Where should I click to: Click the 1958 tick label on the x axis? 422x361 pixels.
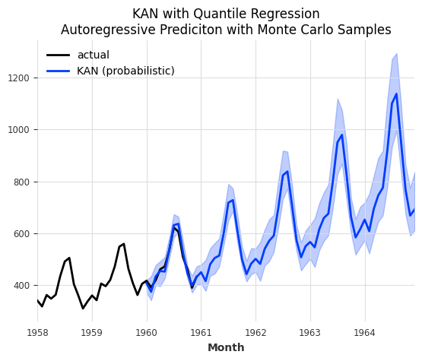point(37,332)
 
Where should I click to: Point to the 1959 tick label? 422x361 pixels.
point(92,332)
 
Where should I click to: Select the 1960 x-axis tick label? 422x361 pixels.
point(147,332)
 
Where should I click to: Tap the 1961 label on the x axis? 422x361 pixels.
point(201,332)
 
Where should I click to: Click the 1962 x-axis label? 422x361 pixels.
point(255,332)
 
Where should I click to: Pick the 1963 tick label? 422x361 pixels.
point(310,332)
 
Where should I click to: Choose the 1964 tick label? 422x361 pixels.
point(365,332)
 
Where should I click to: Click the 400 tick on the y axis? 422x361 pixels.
point(21,286)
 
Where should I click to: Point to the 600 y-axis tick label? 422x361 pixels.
point(21,234)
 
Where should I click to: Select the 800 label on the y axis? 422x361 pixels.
point(21,182)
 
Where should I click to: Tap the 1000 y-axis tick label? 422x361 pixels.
point(17,130)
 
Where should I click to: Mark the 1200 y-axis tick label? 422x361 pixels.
point(17,78)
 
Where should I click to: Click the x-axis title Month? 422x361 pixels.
point(226,348)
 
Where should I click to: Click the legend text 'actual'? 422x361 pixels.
point(93,55)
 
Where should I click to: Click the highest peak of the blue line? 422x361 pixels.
point(396,94)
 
